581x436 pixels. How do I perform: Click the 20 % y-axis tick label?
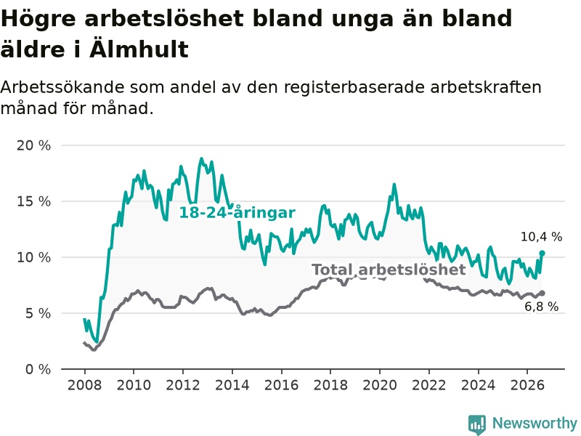coord(33,145)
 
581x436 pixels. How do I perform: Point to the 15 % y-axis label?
coord(33,201)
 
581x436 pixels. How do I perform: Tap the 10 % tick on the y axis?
coord(33,257)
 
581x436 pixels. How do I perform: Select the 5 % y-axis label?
coord(38,313)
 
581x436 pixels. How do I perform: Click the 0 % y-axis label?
coord(38,369)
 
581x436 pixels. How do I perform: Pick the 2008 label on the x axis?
coord(84,385)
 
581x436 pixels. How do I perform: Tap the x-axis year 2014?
coord(232,385)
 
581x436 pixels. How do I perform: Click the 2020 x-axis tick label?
coord(380,385)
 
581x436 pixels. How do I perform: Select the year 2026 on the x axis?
coord(527,385)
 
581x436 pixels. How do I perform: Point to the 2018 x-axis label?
coord(330,385)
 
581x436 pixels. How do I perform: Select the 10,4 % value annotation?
coord(541,237)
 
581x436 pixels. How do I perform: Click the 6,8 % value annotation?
coord(541,307)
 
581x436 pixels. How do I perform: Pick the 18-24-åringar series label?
coord(237,213)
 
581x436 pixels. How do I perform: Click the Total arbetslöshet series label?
coord(389,270)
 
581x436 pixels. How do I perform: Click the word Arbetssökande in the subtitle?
coord(62,87)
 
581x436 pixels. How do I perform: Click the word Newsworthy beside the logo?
coord(535,423)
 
